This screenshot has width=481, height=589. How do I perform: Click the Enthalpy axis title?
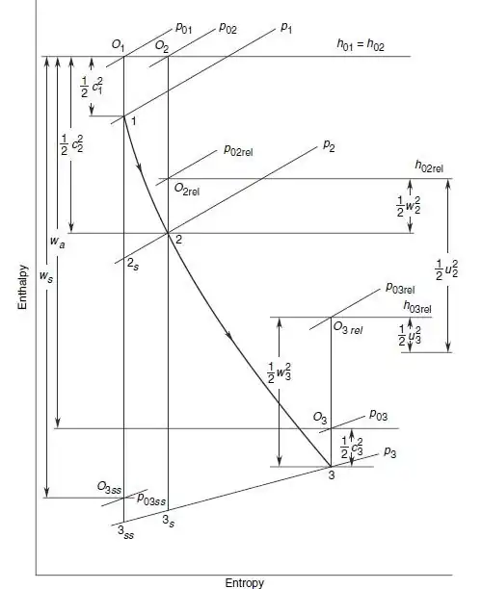tap(23, 287)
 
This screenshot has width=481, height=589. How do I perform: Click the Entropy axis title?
tap(244, 582)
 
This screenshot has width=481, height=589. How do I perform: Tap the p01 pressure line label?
tap(184, 28)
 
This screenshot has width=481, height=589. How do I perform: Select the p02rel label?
tap(239, 151)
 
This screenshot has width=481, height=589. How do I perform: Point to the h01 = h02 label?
tap(361, 44)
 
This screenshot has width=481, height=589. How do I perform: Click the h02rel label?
tap(429, 166)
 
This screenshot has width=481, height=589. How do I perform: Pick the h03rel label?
tap(417, 307)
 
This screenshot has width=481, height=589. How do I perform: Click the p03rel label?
tap(400, 288)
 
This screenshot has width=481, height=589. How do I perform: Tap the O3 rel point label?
tap(348, 328)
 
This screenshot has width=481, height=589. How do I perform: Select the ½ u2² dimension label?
tap(446, 269)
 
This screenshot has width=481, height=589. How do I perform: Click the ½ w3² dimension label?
tap(280, 372)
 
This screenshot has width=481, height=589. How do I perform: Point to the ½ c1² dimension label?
tap(91, 88)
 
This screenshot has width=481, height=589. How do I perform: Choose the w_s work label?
tap(46, 277)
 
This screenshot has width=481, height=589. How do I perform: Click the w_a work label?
tap(57, 242)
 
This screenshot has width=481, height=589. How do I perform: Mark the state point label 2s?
tap(132, 265)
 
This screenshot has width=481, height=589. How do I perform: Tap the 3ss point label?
tap(125, 532)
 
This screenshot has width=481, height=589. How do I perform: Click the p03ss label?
tap(151, 499)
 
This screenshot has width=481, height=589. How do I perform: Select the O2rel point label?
tap(187, 190)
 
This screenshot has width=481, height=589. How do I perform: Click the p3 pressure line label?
tap(390, 452)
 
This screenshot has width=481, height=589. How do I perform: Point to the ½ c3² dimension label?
tap(352, 448)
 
